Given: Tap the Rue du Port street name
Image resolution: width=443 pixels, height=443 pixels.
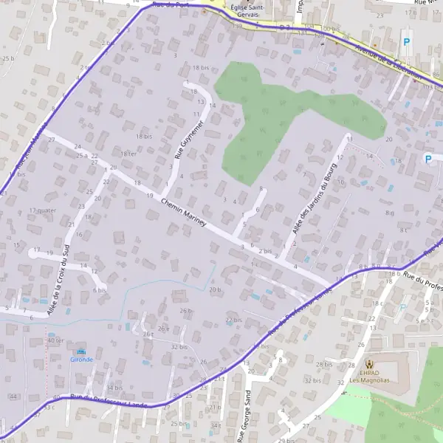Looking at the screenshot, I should click(x=168, y=4).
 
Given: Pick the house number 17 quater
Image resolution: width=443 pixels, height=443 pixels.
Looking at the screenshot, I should click(x=43, y=210).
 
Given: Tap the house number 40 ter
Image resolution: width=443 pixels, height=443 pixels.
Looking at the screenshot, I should click(x=55, y=340).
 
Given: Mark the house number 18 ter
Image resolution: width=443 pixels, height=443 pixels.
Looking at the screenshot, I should click(x=128, y=154).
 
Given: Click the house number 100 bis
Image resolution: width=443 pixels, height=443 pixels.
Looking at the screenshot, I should click(x=331, y=30).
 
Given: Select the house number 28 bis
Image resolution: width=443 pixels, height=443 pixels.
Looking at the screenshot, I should click(x=324, y=365).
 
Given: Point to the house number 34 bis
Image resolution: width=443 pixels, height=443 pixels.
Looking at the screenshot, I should click(x=114, y=388).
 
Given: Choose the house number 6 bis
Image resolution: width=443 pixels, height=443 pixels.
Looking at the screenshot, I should click(x=100, y=290).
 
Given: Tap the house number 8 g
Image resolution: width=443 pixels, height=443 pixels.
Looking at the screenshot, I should click(x=389, y=213).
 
